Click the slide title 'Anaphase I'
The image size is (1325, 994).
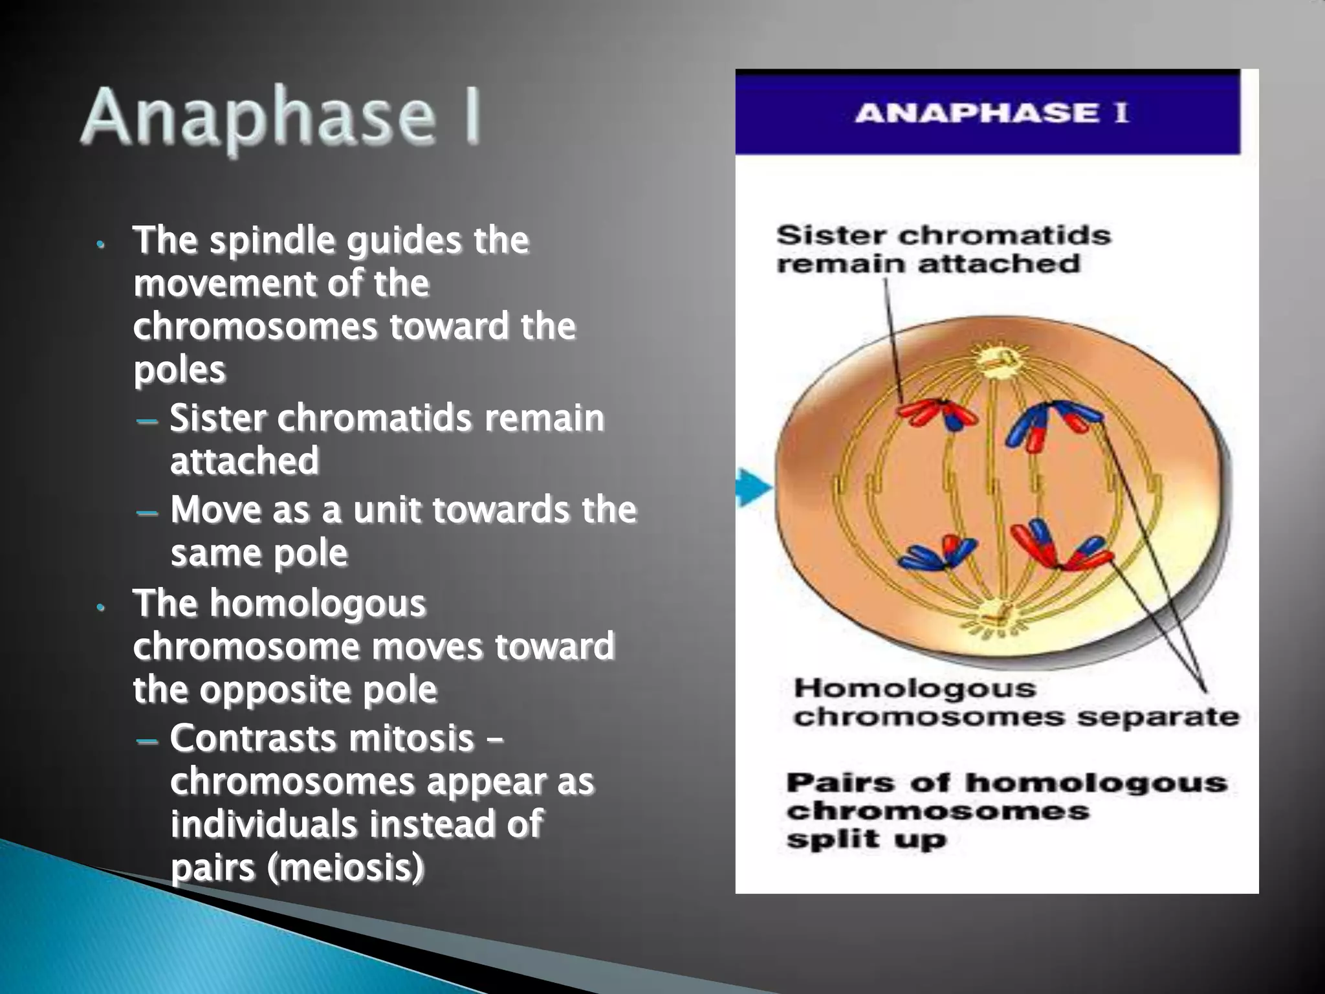(281, 118)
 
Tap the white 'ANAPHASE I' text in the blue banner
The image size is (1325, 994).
(991, 114)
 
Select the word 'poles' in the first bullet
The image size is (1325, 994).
(179, 370)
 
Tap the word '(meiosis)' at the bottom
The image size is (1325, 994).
(345, 868)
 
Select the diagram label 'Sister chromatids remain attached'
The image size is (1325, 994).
(943, 250)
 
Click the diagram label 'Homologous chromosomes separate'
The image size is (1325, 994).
(1016, 703)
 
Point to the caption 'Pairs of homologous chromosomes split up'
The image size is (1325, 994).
(1006, 811)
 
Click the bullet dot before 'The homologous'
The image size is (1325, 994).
(100, 608)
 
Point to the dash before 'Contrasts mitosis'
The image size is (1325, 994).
(148, 740)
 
